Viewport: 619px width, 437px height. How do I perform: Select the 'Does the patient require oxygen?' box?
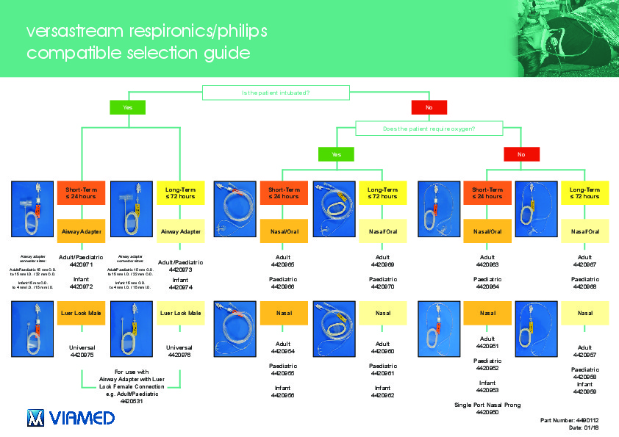(x=429, y=129)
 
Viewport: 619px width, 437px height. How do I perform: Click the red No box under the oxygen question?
(x=521, y=154)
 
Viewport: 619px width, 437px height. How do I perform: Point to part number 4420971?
(x=81, y=264)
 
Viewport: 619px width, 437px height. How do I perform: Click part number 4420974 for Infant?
(x=180, y=287)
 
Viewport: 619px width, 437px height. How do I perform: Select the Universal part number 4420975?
(x=81, y=355)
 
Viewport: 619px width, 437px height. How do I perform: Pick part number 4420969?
(x=382, y=264)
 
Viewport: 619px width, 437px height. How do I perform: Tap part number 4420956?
(x=283, y=395)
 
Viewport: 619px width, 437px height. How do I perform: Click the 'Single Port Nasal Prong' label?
(x=487, y=405)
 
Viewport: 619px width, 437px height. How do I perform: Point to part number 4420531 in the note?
(x=132, y=401)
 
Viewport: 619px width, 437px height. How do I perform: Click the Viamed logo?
(x=71, y=418)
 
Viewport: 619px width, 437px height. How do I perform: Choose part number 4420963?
(x=487, y=264)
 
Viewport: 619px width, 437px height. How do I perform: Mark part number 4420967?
(x=585, y=264)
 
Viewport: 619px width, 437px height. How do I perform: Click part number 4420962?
(x=382, y=395)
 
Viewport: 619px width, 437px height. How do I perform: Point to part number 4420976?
(x=180, y=355)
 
